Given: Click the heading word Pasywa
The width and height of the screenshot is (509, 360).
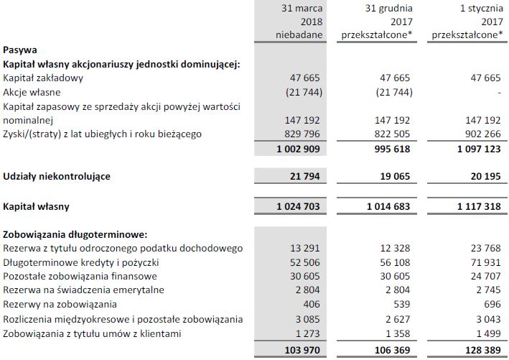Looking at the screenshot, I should [21, 50].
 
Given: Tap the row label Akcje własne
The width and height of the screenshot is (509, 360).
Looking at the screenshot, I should [32, 92].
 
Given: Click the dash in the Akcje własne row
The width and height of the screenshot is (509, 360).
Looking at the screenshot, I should [498, 92].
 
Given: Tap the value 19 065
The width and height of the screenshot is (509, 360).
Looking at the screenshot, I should [395, 176].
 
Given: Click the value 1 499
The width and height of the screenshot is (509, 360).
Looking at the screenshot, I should [488, 332].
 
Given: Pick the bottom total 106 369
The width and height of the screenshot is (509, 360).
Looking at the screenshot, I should [391, 349].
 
